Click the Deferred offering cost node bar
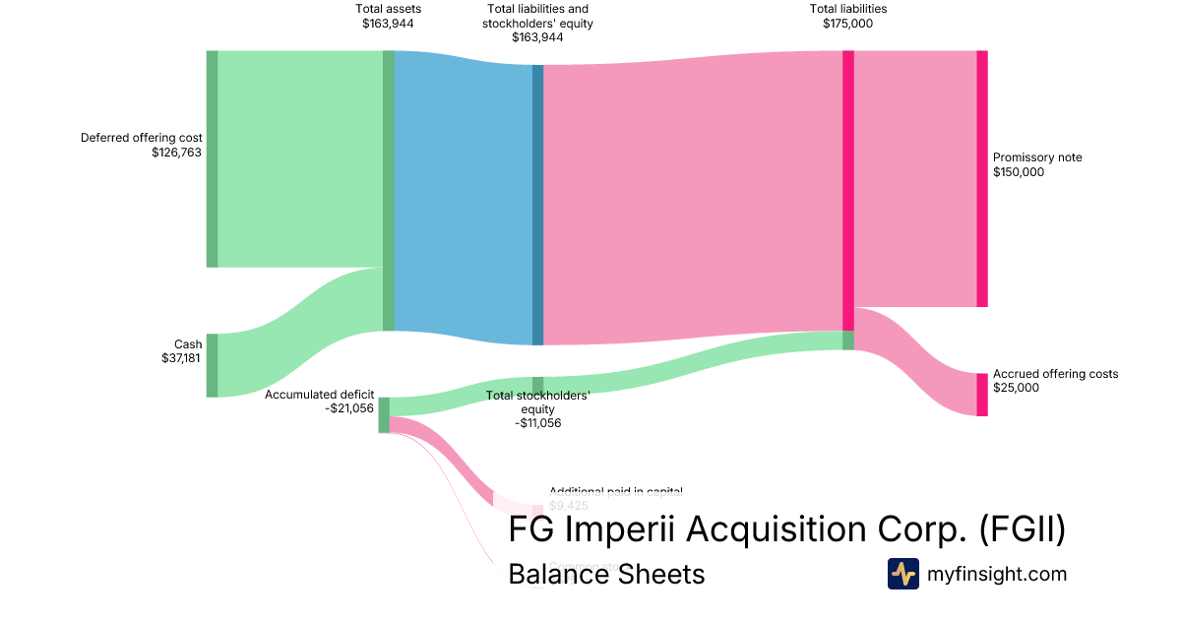(x=212, y=158)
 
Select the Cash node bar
(x=212, y=365)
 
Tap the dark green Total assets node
(x=389, y=190)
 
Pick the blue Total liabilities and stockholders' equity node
(x=537, y=205)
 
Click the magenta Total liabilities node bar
(x=848, y=190)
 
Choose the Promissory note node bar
(x=981, y=178)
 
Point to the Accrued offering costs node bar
(x=981, y=395)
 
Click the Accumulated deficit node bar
(x=384, y=414)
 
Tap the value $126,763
(x=177, y=153)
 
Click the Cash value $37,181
(x=182, y=358)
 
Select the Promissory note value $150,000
(x=1019, y=172)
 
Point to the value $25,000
(x=1016, y=388)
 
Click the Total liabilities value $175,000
(x=848, y=24)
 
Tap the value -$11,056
(x=537, y=423)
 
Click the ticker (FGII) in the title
(x=1024, y=529)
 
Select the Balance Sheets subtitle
(x=606, y=574)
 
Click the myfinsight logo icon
(x=903, y=574)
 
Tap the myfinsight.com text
(x=997, y=574)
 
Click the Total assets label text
(x=389, y=9)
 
